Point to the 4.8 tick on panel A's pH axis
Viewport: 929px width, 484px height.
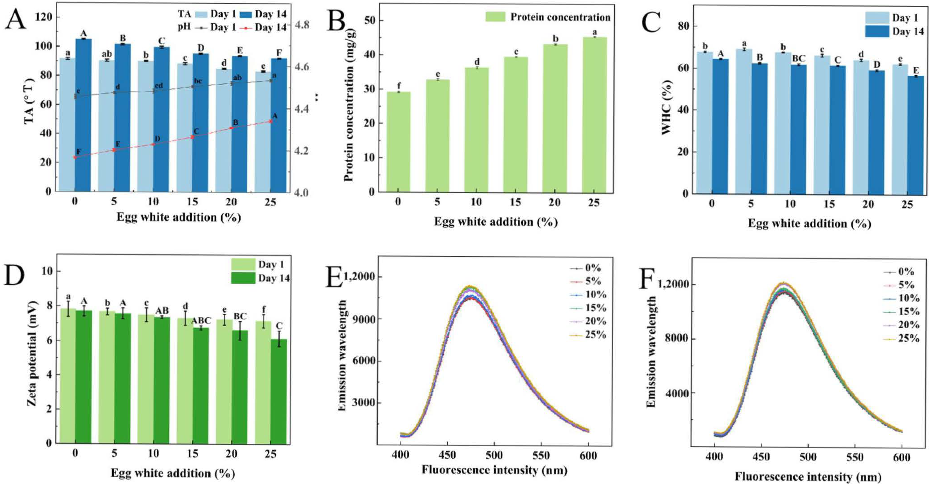tap(302, 25)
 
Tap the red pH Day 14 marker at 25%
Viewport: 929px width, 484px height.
tap(271, 122)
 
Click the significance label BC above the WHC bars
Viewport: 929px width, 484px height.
tap(798, 59)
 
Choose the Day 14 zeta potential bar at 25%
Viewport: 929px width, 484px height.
tap(279, 391)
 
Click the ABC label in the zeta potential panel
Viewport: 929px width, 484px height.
tap(201, 320)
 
